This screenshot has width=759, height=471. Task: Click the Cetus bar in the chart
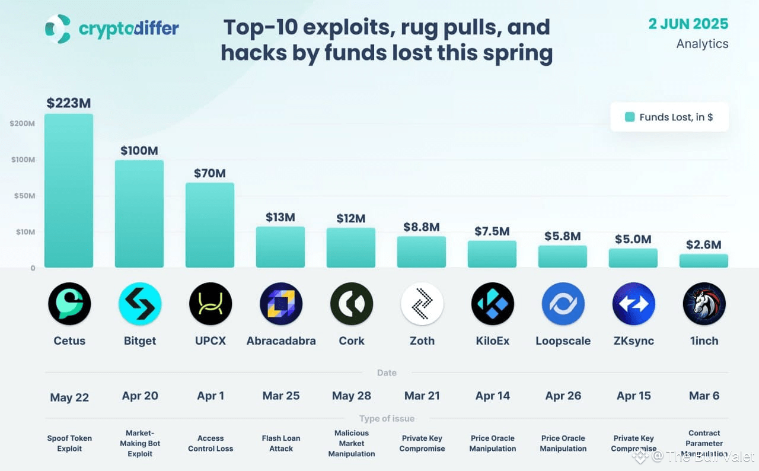pos(69,190)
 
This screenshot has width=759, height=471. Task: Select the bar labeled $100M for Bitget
pos(139,214)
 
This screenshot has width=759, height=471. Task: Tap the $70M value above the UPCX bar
pos(210,174)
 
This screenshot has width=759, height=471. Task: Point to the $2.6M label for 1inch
pos(703,244)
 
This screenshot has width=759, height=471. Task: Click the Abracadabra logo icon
pos(281,304)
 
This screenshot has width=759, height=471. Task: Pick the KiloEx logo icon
pos(492,304)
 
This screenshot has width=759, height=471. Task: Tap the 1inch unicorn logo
pos(704,304)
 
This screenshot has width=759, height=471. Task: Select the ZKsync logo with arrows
pos(633,304)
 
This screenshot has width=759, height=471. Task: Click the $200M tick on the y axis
pos(22,123)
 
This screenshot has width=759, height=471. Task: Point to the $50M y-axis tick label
pos(23,196)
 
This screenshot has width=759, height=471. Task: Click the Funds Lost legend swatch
pos(630,117)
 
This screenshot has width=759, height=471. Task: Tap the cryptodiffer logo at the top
pos(58,29)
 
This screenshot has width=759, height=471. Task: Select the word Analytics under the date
pos(702,44)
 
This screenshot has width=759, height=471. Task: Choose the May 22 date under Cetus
pos(69,397)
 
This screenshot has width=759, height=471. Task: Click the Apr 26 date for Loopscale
pos(563,396)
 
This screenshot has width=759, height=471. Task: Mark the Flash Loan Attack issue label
pos(281,444)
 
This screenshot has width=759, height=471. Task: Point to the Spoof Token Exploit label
pos(69,444)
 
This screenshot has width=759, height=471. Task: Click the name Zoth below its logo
pos(422,341)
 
